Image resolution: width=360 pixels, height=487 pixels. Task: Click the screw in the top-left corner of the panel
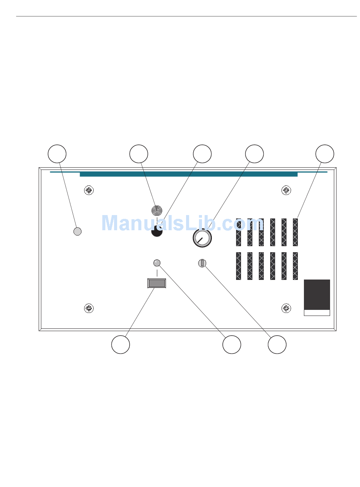(89, 190)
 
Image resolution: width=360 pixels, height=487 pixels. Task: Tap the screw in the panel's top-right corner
(286, 190)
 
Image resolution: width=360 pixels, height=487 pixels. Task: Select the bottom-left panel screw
(89, 308)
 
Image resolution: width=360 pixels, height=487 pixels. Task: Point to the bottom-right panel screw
(286, 308)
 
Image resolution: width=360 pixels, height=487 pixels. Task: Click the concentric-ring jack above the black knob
(157, 210)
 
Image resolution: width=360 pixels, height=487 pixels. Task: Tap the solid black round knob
(157, 231)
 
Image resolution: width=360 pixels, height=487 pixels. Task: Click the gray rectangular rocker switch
(157, 283)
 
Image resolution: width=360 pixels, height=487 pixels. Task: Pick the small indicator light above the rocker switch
(157, 263)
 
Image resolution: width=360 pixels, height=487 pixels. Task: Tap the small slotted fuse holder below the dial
(202, 263)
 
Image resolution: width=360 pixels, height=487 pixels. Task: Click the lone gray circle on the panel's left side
(77, 231)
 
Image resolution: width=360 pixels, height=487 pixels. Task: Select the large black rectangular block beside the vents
(317, 295)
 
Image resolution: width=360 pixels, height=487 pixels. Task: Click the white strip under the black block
(317, 313)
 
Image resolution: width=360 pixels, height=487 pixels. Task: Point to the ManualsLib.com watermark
(183, 223)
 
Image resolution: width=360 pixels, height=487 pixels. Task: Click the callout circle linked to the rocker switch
(121, 345)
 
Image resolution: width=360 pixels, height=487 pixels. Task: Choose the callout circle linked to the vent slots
(325, 154)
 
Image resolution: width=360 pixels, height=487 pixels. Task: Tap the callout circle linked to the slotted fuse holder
(277, 345)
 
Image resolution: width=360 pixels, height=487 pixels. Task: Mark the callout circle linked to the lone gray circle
(57, 154)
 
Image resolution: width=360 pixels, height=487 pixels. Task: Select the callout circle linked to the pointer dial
(254, 154)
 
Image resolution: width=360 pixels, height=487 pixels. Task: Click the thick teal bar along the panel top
(188, 174)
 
